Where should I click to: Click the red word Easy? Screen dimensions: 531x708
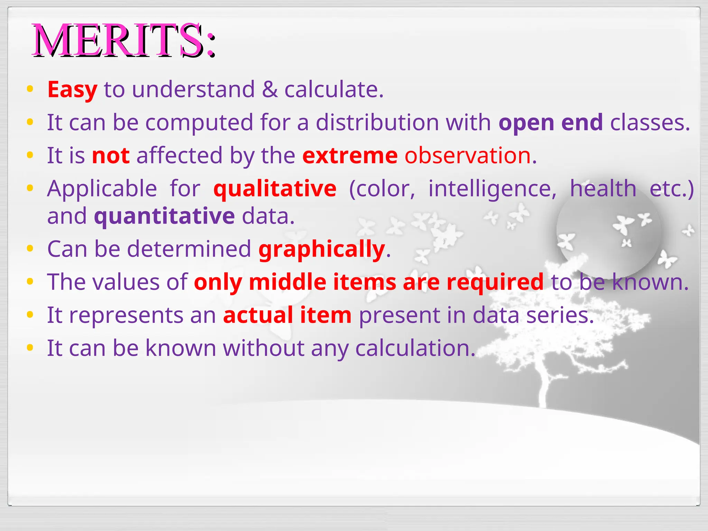click(x=72, y=90)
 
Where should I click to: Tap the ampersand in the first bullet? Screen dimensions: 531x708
click(x=270, y=90)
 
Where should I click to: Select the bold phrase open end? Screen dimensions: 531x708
click(x=551, y=122)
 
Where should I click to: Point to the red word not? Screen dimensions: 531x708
click(x=111, y=156)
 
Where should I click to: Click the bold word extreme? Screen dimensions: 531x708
click(x=350, y=156)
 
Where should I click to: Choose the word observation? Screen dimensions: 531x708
click(x=467, y=156)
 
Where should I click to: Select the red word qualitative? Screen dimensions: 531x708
click(x=275, y=189)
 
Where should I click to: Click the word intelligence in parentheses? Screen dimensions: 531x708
click(x=492, y=189)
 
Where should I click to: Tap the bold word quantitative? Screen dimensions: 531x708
click(x=165, y=216)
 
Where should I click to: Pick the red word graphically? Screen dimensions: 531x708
click(x=322, y=249)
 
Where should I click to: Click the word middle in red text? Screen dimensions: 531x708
click(x=287, y=282)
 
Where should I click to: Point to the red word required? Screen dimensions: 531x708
click(x=495, y=282)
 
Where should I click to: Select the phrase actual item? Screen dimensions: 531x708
click(x=287, y=315)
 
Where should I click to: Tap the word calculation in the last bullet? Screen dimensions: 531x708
click(x=415, y=348)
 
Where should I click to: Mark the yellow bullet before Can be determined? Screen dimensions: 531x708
click(x=30, y=248)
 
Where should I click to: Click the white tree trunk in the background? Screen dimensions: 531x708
click(x=544, y=387)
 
